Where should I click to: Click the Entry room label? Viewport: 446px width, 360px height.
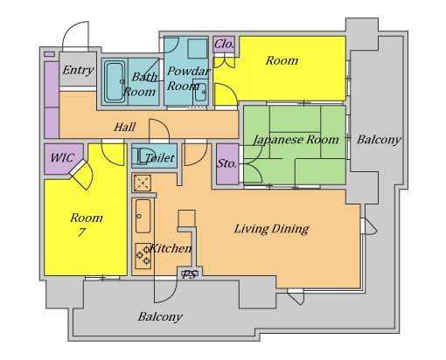pos(78,71)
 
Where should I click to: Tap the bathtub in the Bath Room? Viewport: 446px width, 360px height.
pos(115,81)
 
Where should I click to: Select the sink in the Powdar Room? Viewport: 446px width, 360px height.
pos(200,92)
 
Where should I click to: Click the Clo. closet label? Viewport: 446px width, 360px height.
pos(224,45)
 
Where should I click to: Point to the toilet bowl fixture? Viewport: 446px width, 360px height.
pos(140,156)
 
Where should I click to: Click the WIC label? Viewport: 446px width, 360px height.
pos(62,158)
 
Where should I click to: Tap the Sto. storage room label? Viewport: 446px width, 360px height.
pos(226,163)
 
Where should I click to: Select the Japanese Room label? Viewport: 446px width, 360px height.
pos(296,140)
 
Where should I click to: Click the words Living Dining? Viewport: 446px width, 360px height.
pos(271,229)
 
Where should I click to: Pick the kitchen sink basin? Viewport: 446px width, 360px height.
pos(143,216)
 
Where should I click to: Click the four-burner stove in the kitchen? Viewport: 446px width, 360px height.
pos(143,256)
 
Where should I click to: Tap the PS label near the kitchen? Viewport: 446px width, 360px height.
pos(189,274)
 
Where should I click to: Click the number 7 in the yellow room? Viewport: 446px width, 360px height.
pos(81,232)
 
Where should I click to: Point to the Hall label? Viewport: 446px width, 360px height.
pos(124,128)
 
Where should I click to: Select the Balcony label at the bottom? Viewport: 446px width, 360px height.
pos(160,317)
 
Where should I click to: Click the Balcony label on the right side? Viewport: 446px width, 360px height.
pos(379,140)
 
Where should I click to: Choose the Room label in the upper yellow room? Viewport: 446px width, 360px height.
pos(282,60)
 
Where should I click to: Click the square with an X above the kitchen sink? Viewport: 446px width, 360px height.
pos(143,183)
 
